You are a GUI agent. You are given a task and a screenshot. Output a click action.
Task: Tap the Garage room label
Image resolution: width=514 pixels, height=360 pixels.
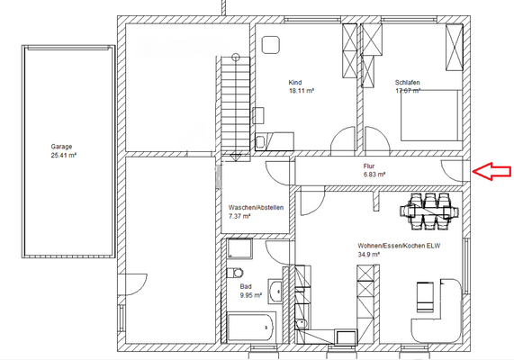61,146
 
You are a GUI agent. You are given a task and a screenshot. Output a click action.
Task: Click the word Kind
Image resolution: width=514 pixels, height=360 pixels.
295,82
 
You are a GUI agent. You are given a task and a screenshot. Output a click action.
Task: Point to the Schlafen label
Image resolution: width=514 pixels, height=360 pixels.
408,82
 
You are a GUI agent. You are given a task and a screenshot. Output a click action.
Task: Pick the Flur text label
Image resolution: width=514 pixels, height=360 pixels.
369,166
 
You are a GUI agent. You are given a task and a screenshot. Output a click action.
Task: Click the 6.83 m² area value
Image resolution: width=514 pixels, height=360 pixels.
374,175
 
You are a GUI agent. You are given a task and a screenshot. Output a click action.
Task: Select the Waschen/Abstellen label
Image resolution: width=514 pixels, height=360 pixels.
257,208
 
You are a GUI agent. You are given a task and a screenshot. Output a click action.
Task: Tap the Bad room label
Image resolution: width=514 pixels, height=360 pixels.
246,285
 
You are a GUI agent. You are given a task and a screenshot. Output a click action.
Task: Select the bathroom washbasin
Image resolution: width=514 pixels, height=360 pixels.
278,292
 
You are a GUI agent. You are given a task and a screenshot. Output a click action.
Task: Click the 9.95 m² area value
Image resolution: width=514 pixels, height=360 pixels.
251,294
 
